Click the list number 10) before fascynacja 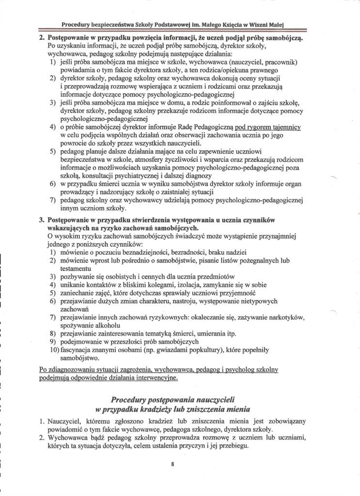53,350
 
